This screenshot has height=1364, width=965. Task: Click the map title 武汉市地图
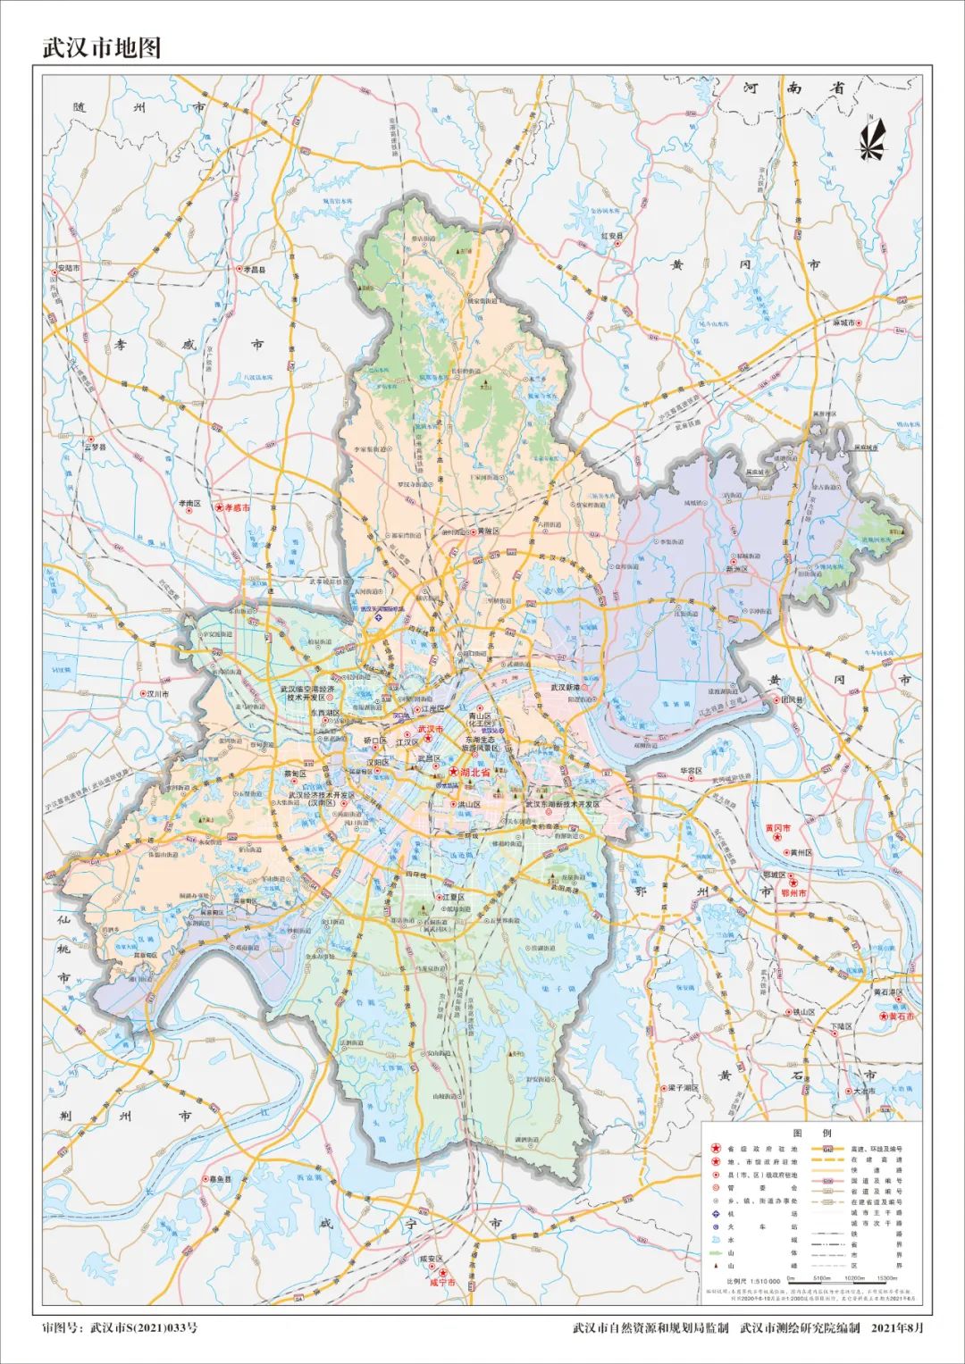[102, 47]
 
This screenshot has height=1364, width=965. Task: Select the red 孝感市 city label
[237, 507]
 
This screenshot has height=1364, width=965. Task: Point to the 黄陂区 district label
[487, 531]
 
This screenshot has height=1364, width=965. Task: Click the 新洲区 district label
[740, 568]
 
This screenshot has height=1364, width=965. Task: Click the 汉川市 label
[157, 693]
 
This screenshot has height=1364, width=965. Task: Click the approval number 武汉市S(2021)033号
[144, 1327]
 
